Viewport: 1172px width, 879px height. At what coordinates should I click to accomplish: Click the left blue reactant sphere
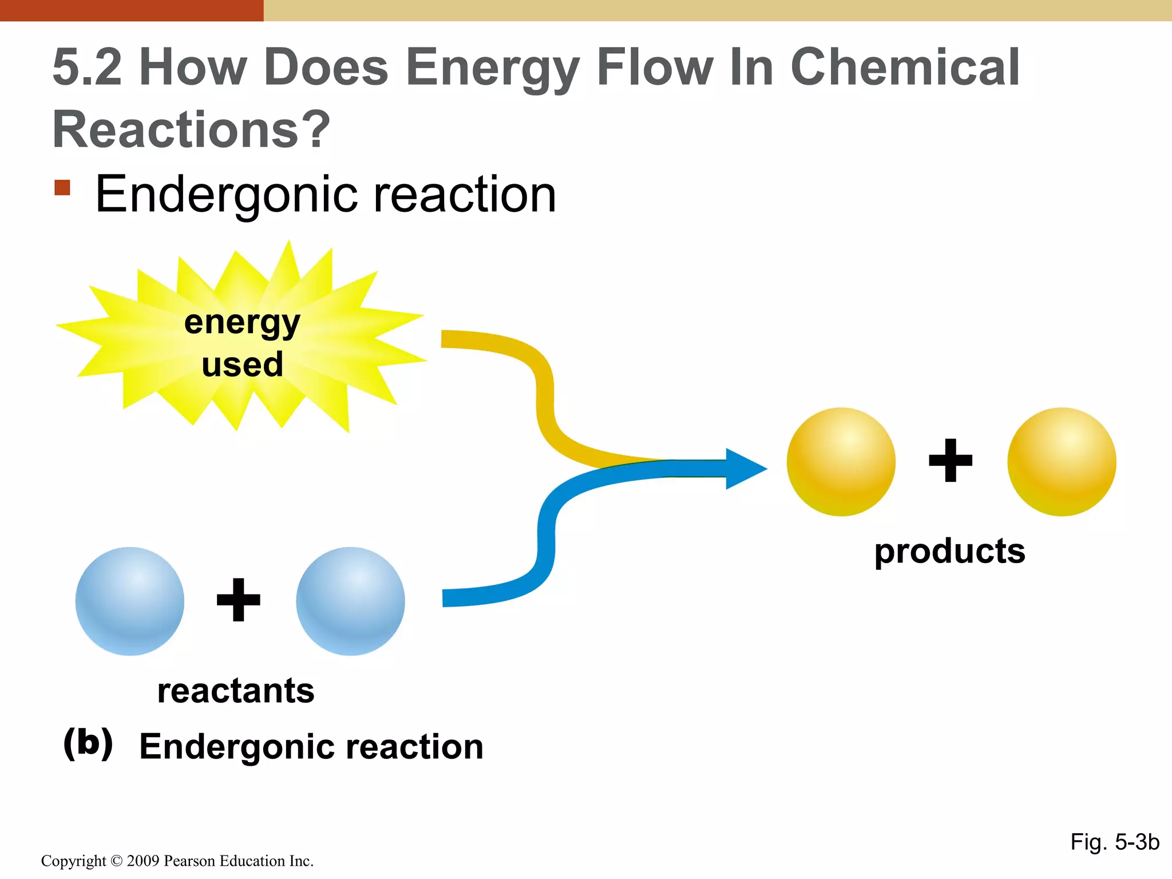click(x=130, y=601)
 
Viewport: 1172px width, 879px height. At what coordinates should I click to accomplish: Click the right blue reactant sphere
click(x=350, y=601)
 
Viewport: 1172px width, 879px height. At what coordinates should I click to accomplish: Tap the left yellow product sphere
click(x=841, y=461)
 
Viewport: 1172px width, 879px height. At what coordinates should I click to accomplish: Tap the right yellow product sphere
click(x=1062, y=461)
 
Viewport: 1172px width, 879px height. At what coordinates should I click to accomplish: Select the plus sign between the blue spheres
click(x=239, y=600)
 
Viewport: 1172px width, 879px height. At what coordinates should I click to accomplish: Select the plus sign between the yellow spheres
click(x=950, y=460)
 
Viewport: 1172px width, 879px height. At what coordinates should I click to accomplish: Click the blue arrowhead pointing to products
click(x=744, y=469)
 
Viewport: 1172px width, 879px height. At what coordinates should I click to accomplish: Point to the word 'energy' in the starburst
click(x=242, y=323)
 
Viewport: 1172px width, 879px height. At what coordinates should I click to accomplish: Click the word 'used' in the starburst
click(x=242, y=365)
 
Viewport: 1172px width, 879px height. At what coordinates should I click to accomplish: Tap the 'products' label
click(x=949, y=551)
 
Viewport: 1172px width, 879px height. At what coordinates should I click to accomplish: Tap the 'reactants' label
click(x=236, y=691)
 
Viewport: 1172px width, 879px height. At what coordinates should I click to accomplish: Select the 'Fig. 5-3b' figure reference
click(x=1114, y=842)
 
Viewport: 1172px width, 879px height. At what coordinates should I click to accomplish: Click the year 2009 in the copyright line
click(x=142, y=861)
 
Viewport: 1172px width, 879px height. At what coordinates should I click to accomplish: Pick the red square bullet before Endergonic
click(x=62, y=188)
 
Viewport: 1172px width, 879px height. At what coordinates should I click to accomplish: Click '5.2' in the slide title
click(x=87, y=68)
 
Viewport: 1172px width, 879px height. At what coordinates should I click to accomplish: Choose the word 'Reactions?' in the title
click(x=191, y=129)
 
